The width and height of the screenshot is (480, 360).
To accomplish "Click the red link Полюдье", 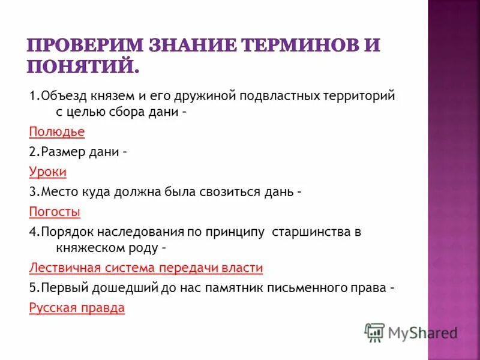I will click(56, 131).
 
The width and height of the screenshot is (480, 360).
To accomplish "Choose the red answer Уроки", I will click(47, 172).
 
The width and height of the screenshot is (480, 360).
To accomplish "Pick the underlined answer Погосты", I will click(54, 212).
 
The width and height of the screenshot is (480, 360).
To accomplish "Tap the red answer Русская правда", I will click(76, 308).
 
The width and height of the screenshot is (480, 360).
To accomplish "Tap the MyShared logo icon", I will click(374, 332).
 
